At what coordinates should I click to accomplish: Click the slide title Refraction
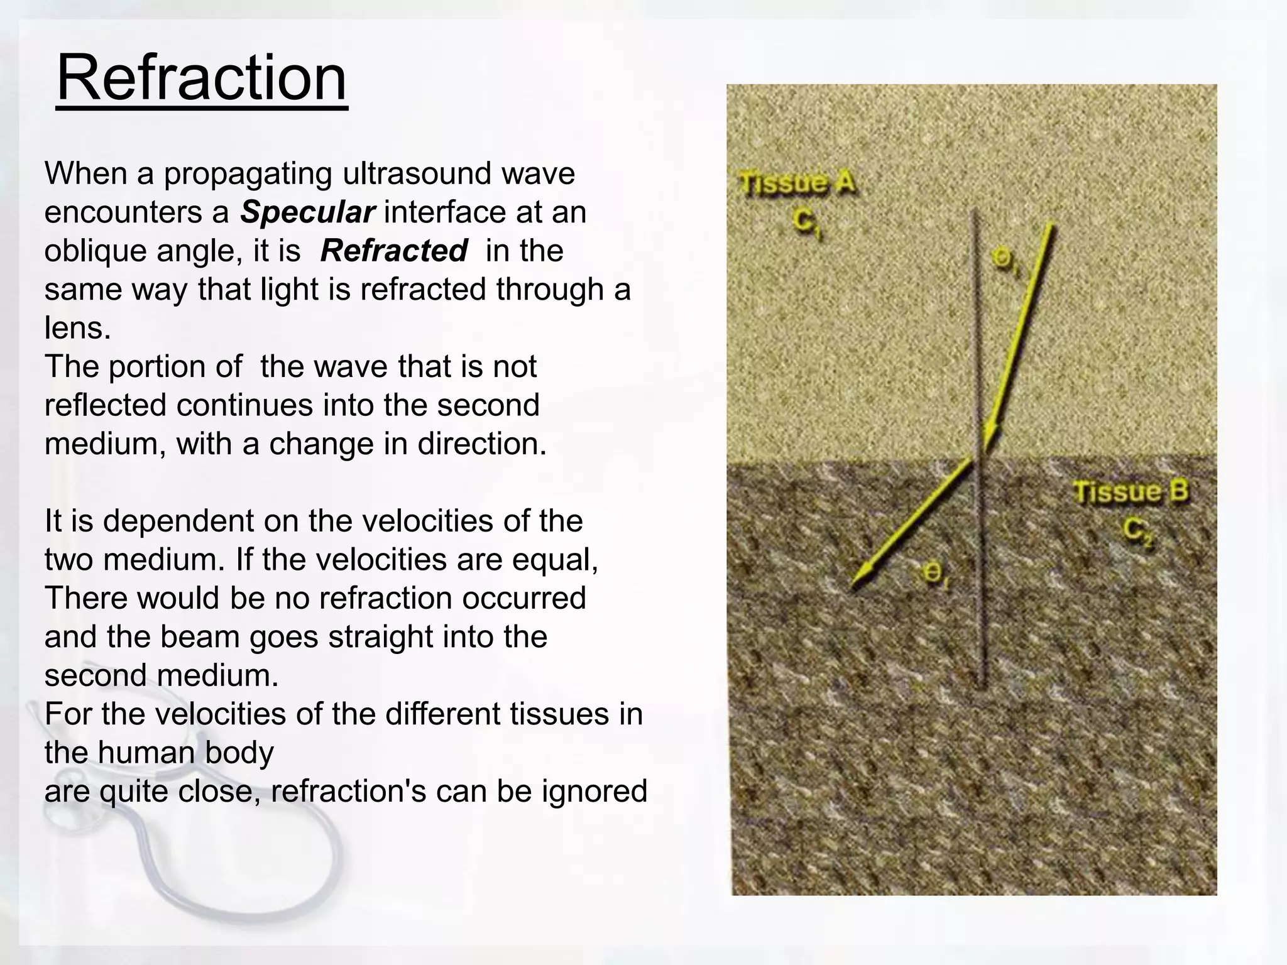pyautogui.click(x=202, y=79)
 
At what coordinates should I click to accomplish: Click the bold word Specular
pyautogui.click(x=307, y=212)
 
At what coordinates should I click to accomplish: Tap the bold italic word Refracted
pyautogui.click(x=394, y=251)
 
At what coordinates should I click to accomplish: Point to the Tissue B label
pyautogui.click(x=1131, y=491)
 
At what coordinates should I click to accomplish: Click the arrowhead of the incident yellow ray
pyautogui.click(x=990, y=437)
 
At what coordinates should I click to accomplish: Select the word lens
pyautogui.click(x=77, y=328)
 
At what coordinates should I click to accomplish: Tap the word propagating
pyautogui.click(x=248, y=174)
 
